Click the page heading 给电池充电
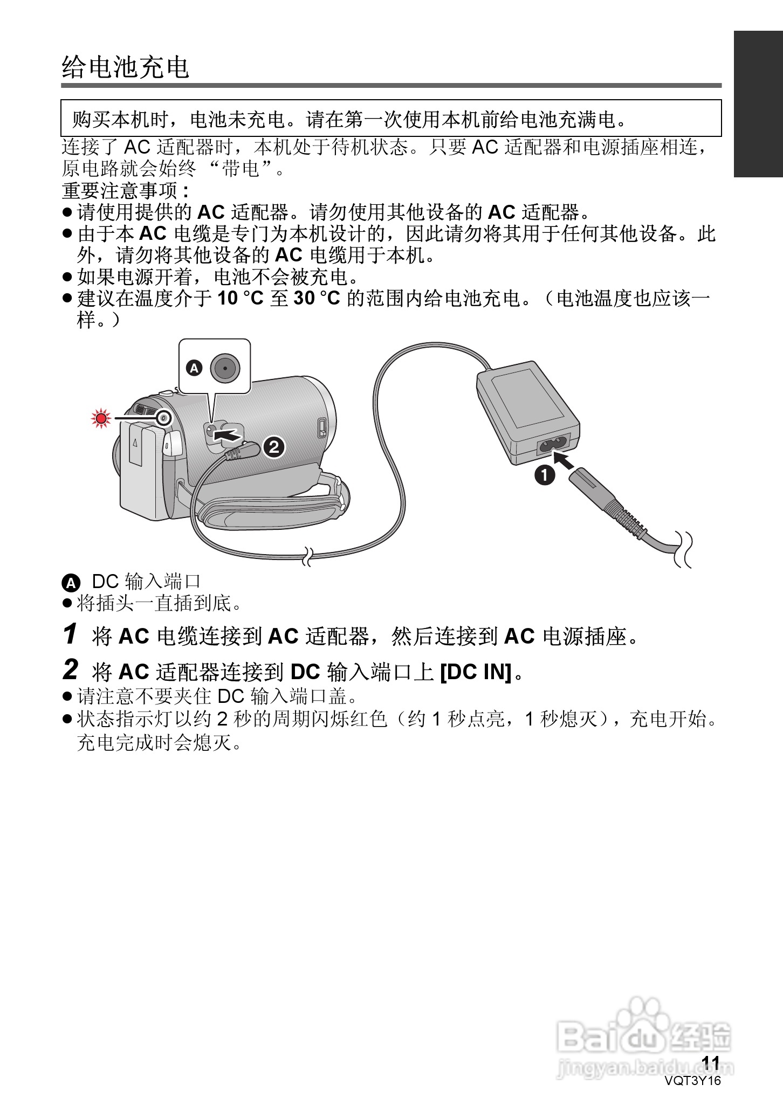pyautogui.click(x=125, y=67)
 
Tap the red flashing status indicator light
pyautogui.click(x=100, y=418)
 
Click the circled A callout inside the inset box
pyautogui.click(x=194, y=368)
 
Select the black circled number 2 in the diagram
pyautogui.click(x=274, y=447)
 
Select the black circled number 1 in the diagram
pyautogui.click(x=545, y=475)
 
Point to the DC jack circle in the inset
pyautogui.click(x=224, y=368)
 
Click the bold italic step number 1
pyautogui.click(x=70, y=634)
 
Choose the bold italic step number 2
pyautogui.click(x=70, y=670)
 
